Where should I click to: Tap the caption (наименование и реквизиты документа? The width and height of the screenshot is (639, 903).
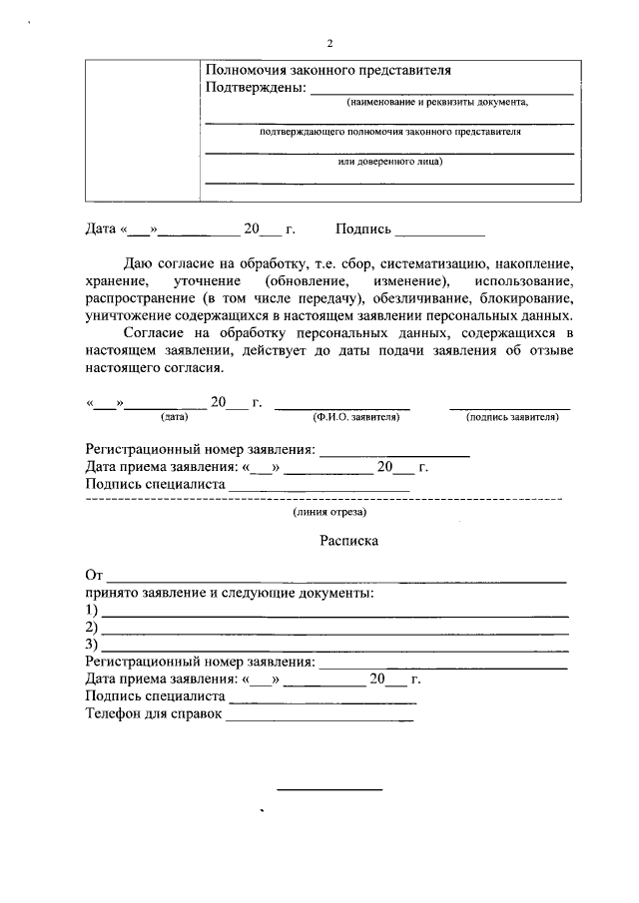[438, 103]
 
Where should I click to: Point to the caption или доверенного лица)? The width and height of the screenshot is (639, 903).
[390, 161]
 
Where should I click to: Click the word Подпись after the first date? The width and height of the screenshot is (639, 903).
[363, 229]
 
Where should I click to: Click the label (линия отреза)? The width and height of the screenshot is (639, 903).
[329, 512]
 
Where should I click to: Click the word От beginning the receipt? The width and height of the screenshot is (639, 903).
[95, 576]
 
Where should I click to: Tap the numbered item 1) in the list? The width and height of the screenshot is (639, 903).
[92, 610]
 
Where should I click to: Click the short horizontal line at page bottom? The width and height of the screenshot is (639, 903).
[328, 790]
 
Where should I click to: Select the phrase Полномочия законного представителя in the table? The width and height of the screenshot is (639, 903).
[327, 71]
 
